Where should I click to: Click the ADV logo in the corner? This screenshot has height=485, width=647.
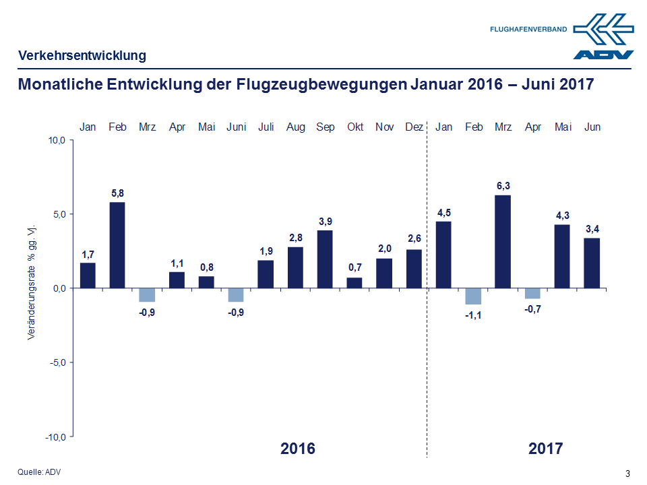(604, 37)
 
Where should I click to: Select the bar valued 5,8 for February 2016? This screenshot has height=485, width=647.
(117, 245)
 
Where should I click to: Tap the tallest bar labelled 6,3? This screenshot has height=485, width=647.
(503, 241)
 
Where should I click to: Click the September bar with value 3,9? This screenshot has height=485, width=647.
(325, 259)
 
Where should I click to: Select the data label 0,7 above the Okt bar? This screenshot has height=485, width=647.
(355, 268)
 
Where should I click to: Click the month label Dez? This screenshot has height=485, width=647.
(414, 127)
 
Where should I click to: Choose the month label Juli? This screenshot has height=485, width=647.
(266, 127)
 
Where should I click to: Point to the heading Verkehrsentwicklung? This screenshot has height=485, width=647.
(82, 55)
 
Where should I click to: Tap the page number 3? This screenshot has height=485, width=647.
(628, 473)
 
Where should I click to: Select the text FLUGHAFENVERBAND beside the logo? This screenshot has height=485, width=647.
(528, 30)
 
